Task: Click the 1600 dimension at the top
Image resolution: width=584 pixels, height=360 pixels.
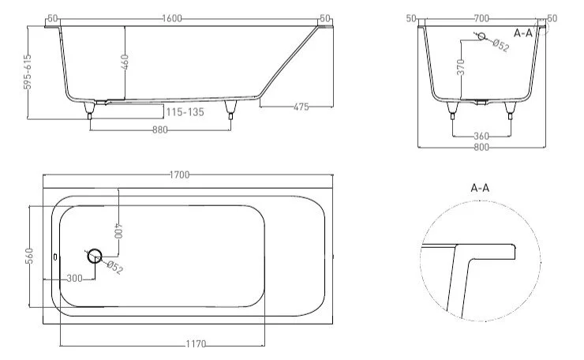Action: [172, 18]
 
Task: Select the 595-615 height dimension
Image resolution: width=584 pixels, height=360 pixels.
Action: [28, 72]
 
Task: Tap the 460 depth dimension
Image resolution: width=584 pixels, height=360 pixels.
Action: [125, 62]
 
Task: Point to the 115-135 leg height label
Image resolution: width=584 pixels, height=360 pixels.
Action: [185, 112]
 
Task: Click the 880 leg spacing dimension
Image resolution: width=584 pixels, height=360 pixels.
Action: [160, 129]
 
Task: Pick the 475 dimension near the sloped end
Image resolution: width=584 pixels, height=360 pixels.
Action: [301, 107]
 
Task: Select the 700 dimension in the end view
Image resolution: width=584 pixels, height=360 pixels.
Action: [481, 18]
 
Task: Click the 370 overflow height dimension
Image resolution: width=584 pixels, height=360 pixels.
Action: [461, 67]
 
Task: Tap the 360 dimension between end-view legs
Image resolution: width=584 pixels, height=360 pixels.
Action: [481, 136]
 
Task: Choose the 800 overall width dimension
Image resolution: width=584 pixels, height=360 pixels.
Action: [481, 147]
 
